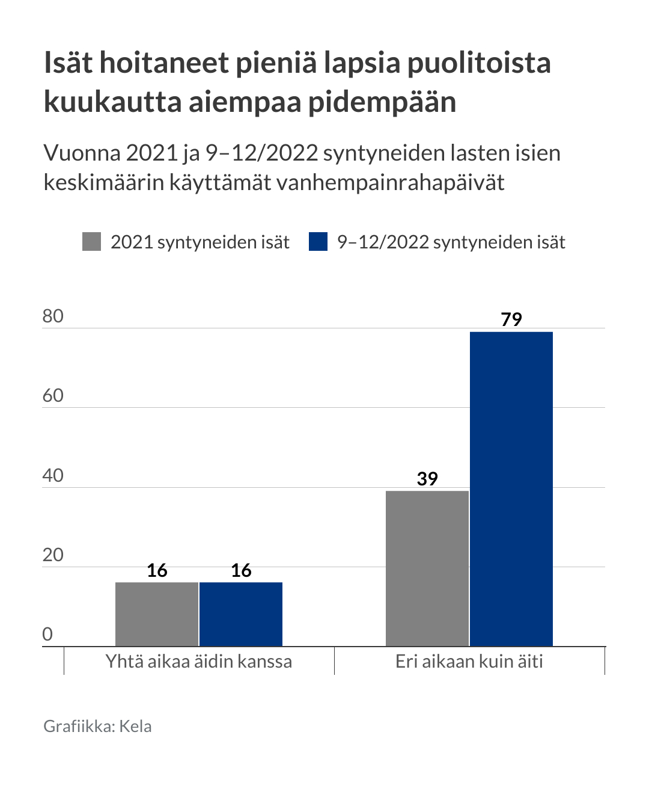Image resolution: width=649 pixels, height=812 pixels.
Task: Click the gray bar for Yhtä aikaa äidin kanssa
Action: [x=156, y=614]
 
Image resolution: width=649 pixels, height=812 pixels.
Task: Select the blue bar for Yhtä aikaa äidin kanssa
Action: [x=240, y=614]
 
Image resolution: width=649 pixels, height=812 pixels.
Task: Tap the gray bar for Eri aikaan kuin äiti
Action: [x=427, y=568]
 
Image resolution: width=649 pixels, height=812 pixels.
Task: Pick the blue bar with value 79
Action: [x=511, y=488]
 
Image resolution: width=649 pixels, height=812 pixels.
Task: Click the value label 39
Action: [x=427, y=479]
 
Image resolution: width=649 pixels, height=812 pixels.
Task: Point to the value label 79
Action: [x=511, y=319]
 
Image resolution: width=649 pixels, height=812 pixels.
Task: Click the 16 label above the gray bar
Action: [x=157, y=570]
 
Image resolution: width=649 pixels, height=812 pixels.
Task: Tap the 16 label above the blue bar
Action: [x=241, y=570]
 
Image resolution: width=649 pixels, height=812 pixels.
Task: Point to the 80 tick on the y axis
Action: [x=53, y=316]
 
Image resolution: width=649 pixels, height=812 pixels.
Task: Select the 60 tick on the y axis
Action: [x=53, y=396]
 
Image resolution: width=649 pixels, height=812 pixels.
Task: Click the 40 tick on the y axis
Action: [x=53, y=476]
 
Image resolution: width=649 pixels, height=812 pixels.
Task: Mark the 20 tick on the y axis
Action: [x=53, y=555]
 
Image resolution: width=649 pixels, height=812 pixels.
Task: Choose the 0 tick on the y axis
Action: [x=47, y=635]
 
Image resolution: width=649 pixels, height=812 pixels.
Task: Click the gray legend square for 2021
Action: [x=91, y=242]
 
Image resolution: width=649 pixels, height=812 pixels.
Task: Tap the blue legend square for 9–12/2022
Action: [x=318, y=242]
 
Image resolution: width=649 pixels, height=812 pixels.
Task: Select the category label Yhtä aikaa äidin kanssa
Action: [x=199, y=662]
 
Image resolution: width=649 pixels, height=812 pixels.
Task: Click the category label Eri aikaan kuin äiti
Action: [x=469, y=662]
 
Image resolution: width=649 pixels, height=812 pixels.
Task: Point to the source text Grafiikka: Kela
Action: [x=97, y=727]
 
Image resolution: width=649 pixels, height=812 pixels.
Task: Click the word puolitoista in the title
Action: [x=479, y=63]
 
